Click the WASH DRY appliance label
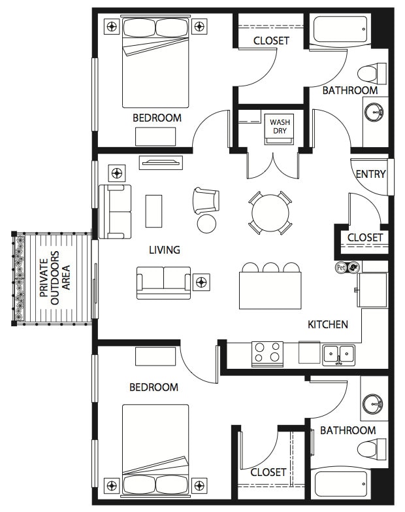click(x=280, y=126)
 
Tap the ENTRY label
click(x=370, y=174)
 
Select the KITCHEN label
click(x=328, y=324)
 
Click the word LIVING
click(x=165, y=250)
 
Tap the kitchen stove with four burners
click(x=267, y=353)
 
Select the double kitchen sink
click(x=338, y=354)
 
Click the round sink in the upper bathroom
click(x=376, y=113)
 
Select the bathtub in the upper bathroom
click(x=340, y=30)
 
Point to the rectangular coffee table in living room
click(x=154, y=211)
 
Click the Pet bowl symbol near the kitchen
click(x=347, y=267)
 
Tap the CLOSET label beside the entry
click(x=365, y=237)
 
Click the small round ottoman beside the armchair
click(x=206, y=224)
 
